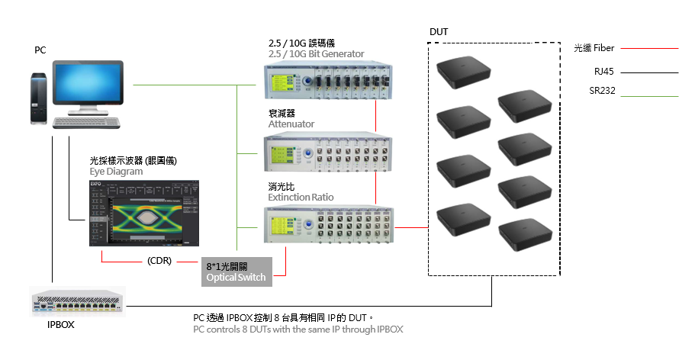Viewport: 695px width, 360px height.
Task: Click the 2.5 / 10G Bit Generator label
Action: [316, 53]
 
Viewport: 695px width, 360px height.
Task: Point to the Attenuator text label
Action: [291, 124]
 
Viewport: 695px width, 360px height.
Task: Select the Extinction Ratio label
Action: [301, 197]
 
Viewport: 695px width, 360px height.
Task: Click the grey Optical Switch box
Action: [236, 272]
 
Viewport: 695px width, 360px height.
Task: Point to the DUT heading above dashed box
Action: [439, 32]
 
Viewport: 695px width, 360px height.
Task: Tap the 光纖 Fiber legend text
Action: [594, 48]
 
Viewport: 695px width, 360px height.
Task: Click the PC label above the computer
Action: [40, 50]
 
